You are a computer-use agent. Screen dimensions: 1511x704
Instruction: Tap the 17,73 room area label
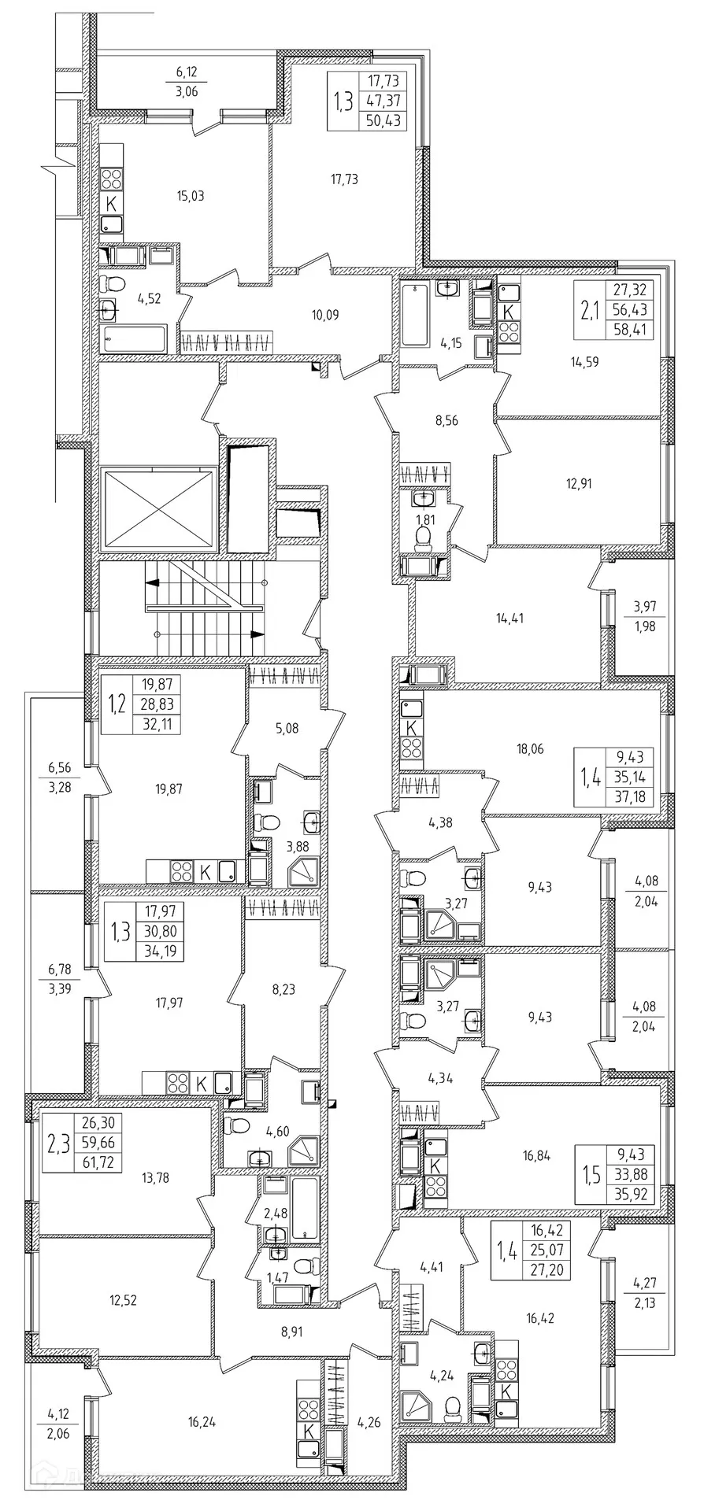point(344,179)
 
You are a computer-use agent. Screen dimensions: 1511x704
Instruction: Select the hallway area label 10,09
point(324,316)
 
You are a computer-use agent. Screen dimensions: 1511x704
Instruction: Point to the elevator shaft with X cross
point(158,508)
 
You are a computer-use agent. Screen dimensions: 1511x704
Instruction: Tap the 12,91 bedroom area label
point(577,483)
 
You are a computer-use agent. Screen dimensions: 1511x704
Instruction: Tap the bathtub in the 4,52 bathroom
point(136,341)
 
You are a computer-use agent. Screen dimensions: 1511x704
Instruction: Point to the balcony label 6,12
point(187,72)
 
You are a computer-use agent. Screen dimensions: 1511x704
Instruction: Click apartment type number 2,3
point(57,1143)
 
